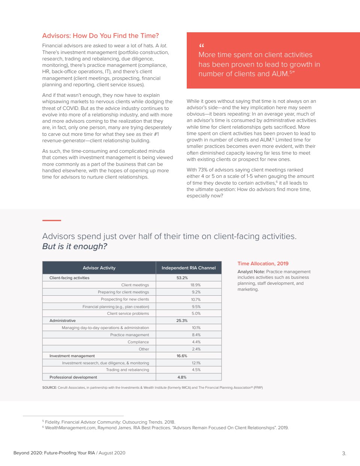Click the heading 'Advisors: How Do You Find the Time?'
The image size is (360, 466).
[100, 36]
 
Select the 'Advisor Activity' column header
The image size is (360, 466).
[99, 268]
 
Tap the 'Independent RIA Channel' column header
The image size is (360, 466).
[189, 268]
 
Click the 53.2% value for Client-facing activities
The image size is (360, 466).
[182, 278]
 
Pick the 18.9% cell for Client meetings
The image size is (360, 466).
[195, 285]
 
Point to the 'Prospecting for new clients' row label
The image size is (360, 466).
[125, 299]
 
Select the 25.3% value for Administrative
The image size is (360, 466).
[182, 321]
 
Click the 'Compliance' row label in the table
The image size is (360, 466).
[138, 342]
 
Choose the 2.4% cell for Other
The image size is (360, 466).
[196, 349]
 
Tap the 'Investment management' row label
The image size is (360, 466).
[72, 356]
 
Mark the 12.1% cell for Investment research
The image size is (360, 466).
[196, 363]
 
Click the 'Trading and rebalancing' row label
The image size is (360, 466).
[127, 370]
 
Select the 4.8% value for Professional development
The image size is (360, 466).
[182, 377]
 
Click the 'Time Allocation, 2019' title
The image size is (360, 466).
[263, 264]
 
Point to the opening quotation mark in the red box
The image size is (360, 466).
[201, 46]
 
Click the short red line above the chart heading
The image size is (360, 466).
[52, 220]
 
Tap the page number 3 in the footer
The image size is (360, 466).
[344, 453]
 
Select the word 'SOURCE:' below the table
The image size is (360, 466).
[49, 388]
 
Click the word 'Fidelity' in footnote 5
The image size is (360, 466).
[52, 422]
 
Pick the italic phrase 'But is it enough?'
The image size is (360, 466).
[75, 247]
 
